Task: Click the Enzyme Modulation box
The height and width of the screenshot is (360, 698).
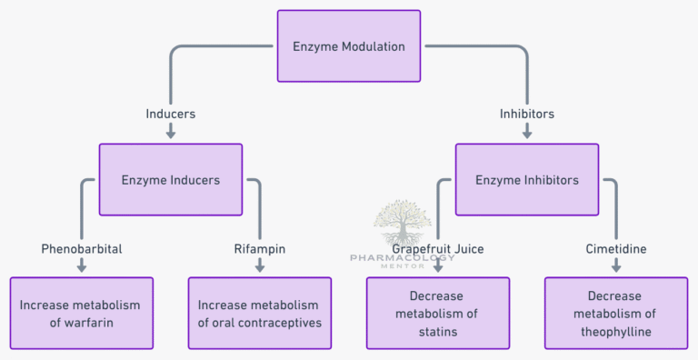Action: click(x=349, y=46)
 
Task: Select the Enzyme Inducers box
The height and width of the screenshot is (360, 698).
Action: click(x=171, y=180)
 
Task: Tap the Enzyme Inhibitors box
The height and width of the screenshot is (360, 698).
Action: click(x=527, y=180)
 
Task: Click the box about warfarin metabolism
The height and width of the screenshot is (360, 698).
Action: click(x=82, y=313)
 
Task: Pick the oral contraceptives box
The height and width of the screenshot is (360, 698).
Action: click(x=260, y=313)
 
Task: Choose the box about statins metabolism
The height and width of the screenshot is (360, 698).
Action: click(x=438, y=313)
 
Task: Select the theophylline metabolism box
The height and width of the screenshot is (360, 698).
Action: click(x=616, y=313)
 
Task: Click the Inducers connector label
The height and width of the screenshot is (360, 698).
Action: click(x=171, y=115)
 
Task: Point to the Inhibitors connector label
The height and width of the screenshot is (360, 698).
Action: click(x=527, y=115)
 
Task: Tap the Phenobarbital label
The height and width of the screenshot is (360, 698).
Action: click(x=82, y=247)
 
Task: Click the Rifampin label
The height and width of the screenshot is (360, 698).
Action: click(x=260, y=247)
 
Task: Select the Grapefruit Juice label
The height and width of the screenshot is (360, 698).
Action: click(x=438, y=248)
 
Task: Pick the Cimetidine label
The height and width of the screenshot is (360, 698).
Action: click(x=616, y=247)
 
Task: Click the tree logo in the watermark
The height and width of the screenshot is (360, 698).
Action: click(x=403, y=224)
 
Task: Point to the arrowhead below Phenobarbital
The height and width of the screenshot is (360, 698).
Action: click(x=82, y=267)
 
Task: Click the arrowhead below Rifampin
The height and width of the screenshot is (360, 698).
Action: click(x=260, y=267)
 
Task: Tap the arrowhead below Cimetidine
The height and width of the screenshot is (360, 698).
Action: click(x=616, y=267)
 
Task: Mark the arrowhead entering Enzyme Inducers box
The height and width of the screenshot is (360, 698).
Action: click(x=171, y=134)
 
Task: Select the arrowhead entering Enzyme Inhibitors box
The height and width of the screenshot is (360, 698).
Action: click(x=527, y=134)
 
